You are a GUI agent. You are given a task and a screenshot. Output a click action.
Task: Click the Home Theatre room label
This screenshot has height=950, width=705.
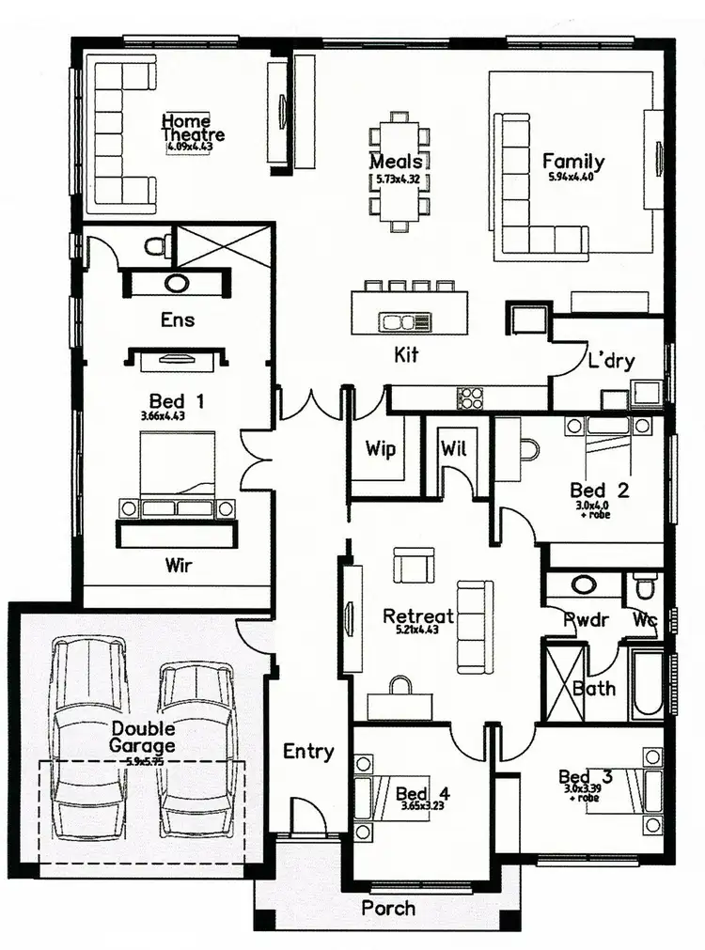pyautogui.click(x=193, y=128)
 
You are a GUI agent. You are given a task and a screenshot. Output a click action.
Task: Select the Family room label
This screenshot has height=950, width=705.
pyautogui.click(x=572, y=162)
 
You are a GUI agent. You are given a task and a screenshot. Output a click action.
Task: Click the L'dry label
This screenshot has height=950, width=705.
pyautogui.click(x=612, y=361)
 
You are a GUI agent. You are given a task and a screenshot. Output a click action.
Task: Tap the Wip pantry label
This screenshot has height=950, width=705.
pyautogui.click(x=381, y=448)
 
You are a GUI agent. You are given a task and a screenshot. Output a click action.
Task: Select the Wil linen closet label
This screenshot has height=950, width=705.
pyautogui.click(x=454, y=448)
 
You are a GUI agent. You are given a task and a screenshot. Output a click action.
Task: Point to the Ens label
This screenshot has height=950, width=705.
pyautogui.click(x=178, y=319)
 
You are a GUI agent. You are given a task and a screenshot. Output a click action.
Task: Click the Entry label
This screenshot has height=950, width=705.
pyautogui.click(x=308, y=751)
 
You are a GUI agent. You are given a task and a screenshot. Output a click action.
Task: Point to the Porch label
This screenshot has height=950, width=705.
pyautogui.click(x=388, y=908)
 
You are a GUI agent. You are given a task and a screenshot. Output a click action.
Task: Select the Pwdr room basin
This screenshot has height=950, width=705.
pyautogui.click(x=584, y=584)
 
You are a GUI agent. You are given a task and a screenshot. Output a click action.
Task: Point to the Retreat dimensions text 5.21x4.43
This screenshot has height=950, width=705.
pyautogui.click(x=418, y=631)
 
